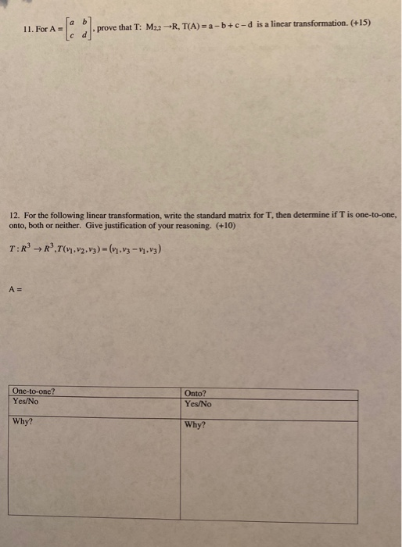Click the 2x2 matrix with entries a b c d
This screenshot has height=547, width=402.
[77, 30]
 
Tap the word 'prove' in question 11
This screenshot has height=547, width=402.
[107, 29]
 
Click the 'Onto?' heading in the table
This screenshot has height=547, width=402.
[196, 395]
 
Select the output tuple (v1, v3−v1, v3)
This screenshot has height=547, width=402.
[131, 250]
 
